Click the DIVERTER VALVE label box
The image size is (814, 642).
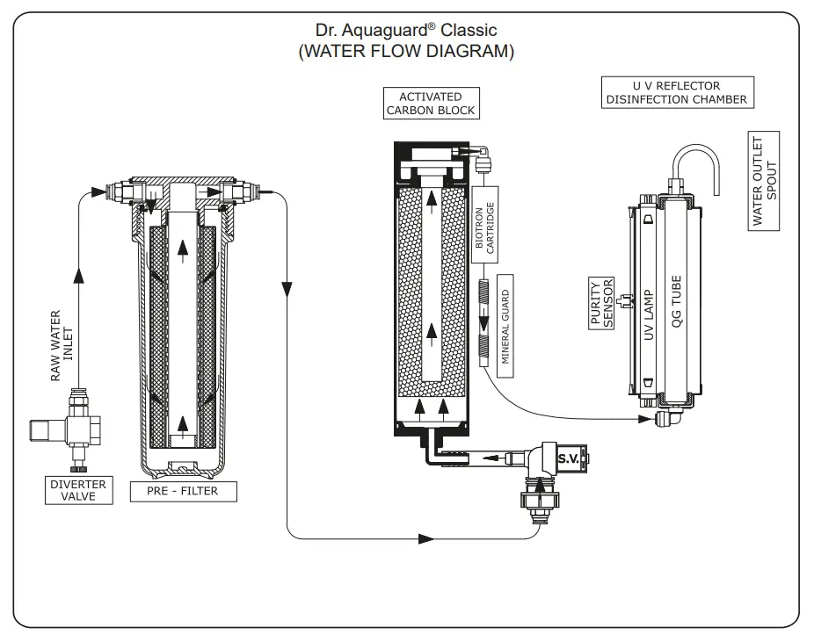coord(78,490)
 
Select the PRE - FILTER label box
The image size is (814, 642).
coord(184,490)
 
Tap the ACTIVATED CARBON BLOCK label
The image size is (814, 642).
coord(431,104)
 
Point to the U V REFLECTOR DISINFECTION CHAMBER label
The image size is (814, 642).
coord(676,92)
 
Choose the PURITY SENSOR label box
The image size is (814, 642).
coord(600,303)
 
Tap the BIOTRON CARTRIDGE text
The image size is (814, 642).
coord(485,227)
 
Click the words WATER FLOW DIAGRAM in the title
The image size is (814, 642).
coord(406,52)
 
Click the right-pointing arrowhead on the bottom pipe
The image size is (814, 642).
coord(427,537)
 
